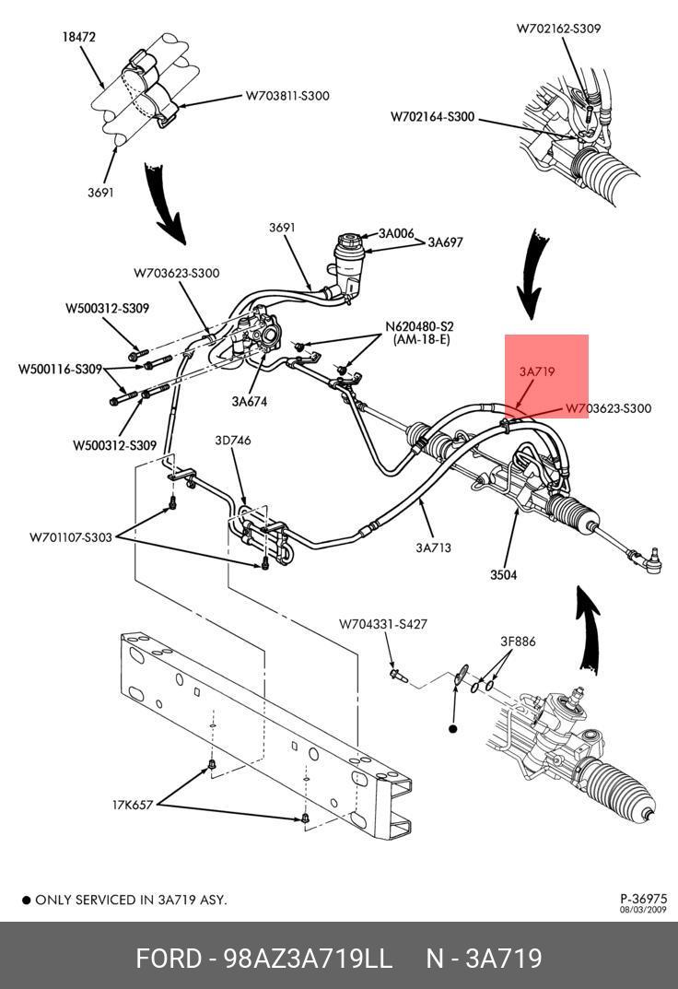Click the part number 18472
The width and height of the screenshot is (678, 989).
tap(79, 38)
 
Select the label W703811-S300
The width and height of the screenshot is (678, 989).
tap(287, 95)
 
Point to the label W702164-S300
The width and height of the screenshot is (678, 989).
tap(432, 117)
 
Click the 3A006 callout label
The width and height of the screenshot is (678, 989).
tap(397, 233)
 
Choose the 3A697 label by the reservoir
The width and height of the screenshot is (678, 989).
tap(444, 242)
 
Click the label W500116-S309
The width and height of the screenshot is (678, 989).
tap(60, 370)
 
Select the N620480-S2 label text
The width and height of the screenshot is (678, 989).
tap(419, 326)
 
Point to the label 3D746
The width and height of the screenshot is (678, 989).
tap(232, 441)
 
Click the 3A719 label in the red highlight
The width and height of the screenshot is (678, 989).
tap(536, 372)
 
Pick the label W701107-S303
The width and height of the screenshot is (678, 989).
tap(70, 536)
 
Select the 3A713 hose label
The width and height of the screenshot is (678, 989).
tap(433, 547)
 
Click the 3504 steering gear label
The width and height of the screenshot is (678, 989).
tap(503, 575)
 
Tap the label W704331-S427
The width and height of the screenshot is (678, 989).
tap(382, 624)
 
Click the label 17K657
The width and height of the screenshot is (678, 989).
tap(133, 804)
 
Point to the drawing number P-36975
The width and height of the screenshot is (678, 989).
tap(643, 899)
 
